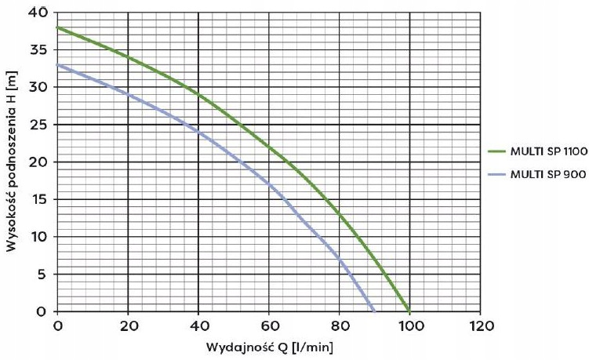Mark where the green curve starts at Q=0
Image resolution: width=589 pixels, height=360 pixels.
[x=58, y=28]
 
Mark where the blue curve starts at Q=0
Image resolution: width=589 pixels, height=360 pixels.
[x=58, y=65]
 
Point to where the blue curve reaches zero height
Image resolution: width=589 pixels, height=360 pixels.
[x=374, y=311]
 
